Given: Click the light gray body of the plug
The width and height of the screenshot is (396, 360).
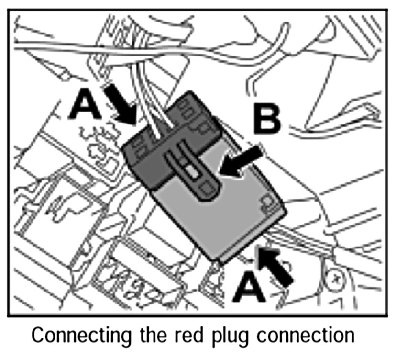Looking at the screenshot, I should coord(230,215).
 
